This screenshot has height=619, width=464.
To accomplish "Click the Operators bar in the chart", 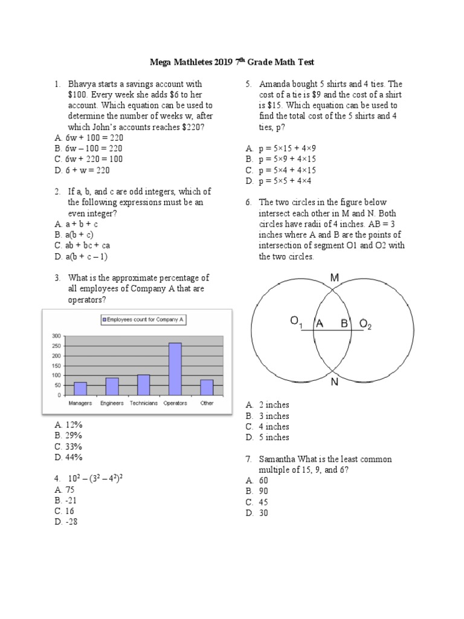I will (x=175, y=369).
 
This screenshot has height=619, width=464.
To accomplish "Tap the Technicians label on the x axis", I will (x=143, y=403).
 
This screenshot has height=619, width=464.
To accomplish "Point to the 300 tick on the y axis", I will (x=57, y=335).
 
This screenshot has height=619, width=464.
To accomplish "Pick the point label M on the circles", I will (x=335, y=277).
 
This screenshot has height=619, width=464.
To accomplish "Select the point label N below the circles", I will (x=334, y=383).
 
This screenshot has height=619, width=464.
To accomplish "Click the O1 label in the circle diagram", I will (x=296, y=323).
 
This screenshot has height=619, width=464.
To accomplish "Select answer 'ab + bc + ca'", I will (x=88, y=245).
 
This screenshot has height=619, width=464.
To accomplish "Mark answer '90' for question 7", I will (x=264, y=491).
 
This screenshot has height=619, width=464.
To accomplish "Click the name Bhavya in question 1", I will (x=82, y=84).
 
